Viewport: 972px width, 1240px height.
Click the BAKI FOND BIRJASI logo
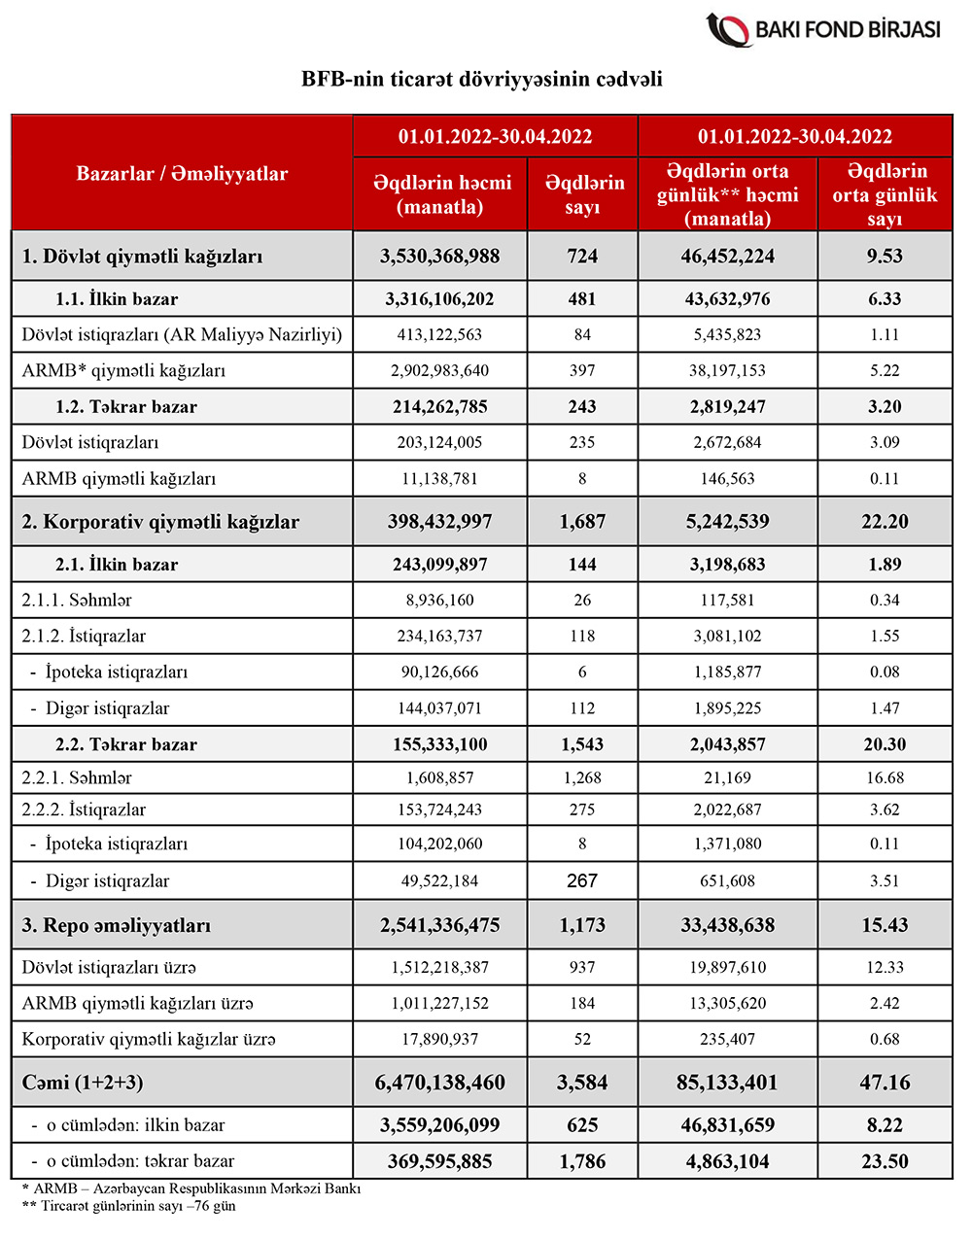click(x=823, y=29)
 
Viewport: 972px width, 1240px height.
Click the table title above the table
click(x=482, y=79)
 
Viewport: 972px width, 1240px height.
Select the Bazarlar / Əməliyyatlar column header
click(x=182, y=174)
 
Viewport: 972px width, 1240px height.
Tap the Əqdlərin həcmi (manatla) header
click(x=440, y=194)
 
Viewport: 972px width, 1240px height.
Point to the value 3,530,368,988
click(x=440, y=257)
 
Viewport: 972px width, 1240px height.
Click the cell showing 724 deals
click(x=582, y=257)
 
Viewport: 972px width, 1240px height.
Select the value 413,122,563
click(x=440, y=334)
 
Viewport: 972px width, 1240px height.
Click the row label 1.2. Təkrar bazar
click(x=125, y=407)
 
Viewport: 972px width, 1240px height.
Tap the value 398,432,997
click(x=440, y=522)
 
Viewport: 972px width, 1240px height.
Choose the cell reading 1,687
click(x=582, y=522)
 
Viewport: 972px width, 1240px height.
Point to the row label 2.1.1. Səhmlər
click(x=77, y=600)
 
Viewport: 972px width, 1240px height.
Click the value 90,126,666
click(x=440, y=672)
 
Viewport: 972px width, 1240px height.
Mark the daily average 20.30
click(x=885, y=744)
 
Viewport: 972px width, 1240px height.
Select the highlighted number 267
click(x=582, y=880)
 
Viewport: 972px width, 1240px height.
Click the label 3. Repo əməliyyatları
click(x=117, y=925)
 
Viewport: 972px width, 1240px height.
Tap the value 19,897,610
click(x=727, y=967)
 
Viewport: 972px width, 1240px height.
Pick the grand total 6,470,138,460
click(x=440, y=1083)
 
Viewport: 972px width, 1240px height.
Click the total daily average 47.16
click(x=885, y=1083)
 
